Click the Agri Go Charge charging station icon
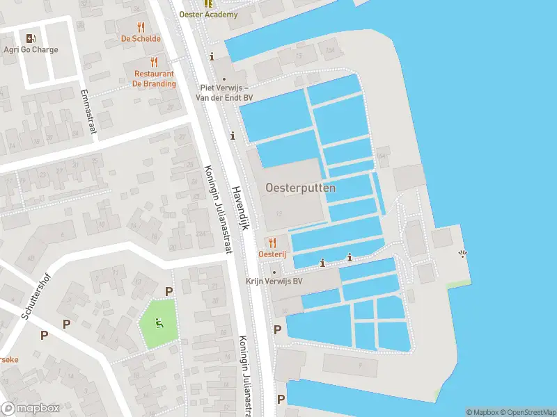[30, 38]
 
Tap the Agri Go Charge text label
[30, 50]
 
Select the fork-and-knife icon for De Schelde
[141, 28]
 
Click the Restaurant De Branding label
[154, 79]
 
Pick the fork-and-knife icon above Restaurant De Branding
[155, 62]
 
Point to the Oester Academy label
[208, 15]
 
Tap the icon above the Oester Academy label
[207, 3]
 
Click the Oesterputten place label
[300, 188]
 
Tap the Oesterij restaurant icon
[272, 243]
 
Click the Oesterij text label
[272, 255]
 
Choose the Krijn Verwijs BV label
[274, 281]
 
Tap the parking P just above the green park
[168, 291]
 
